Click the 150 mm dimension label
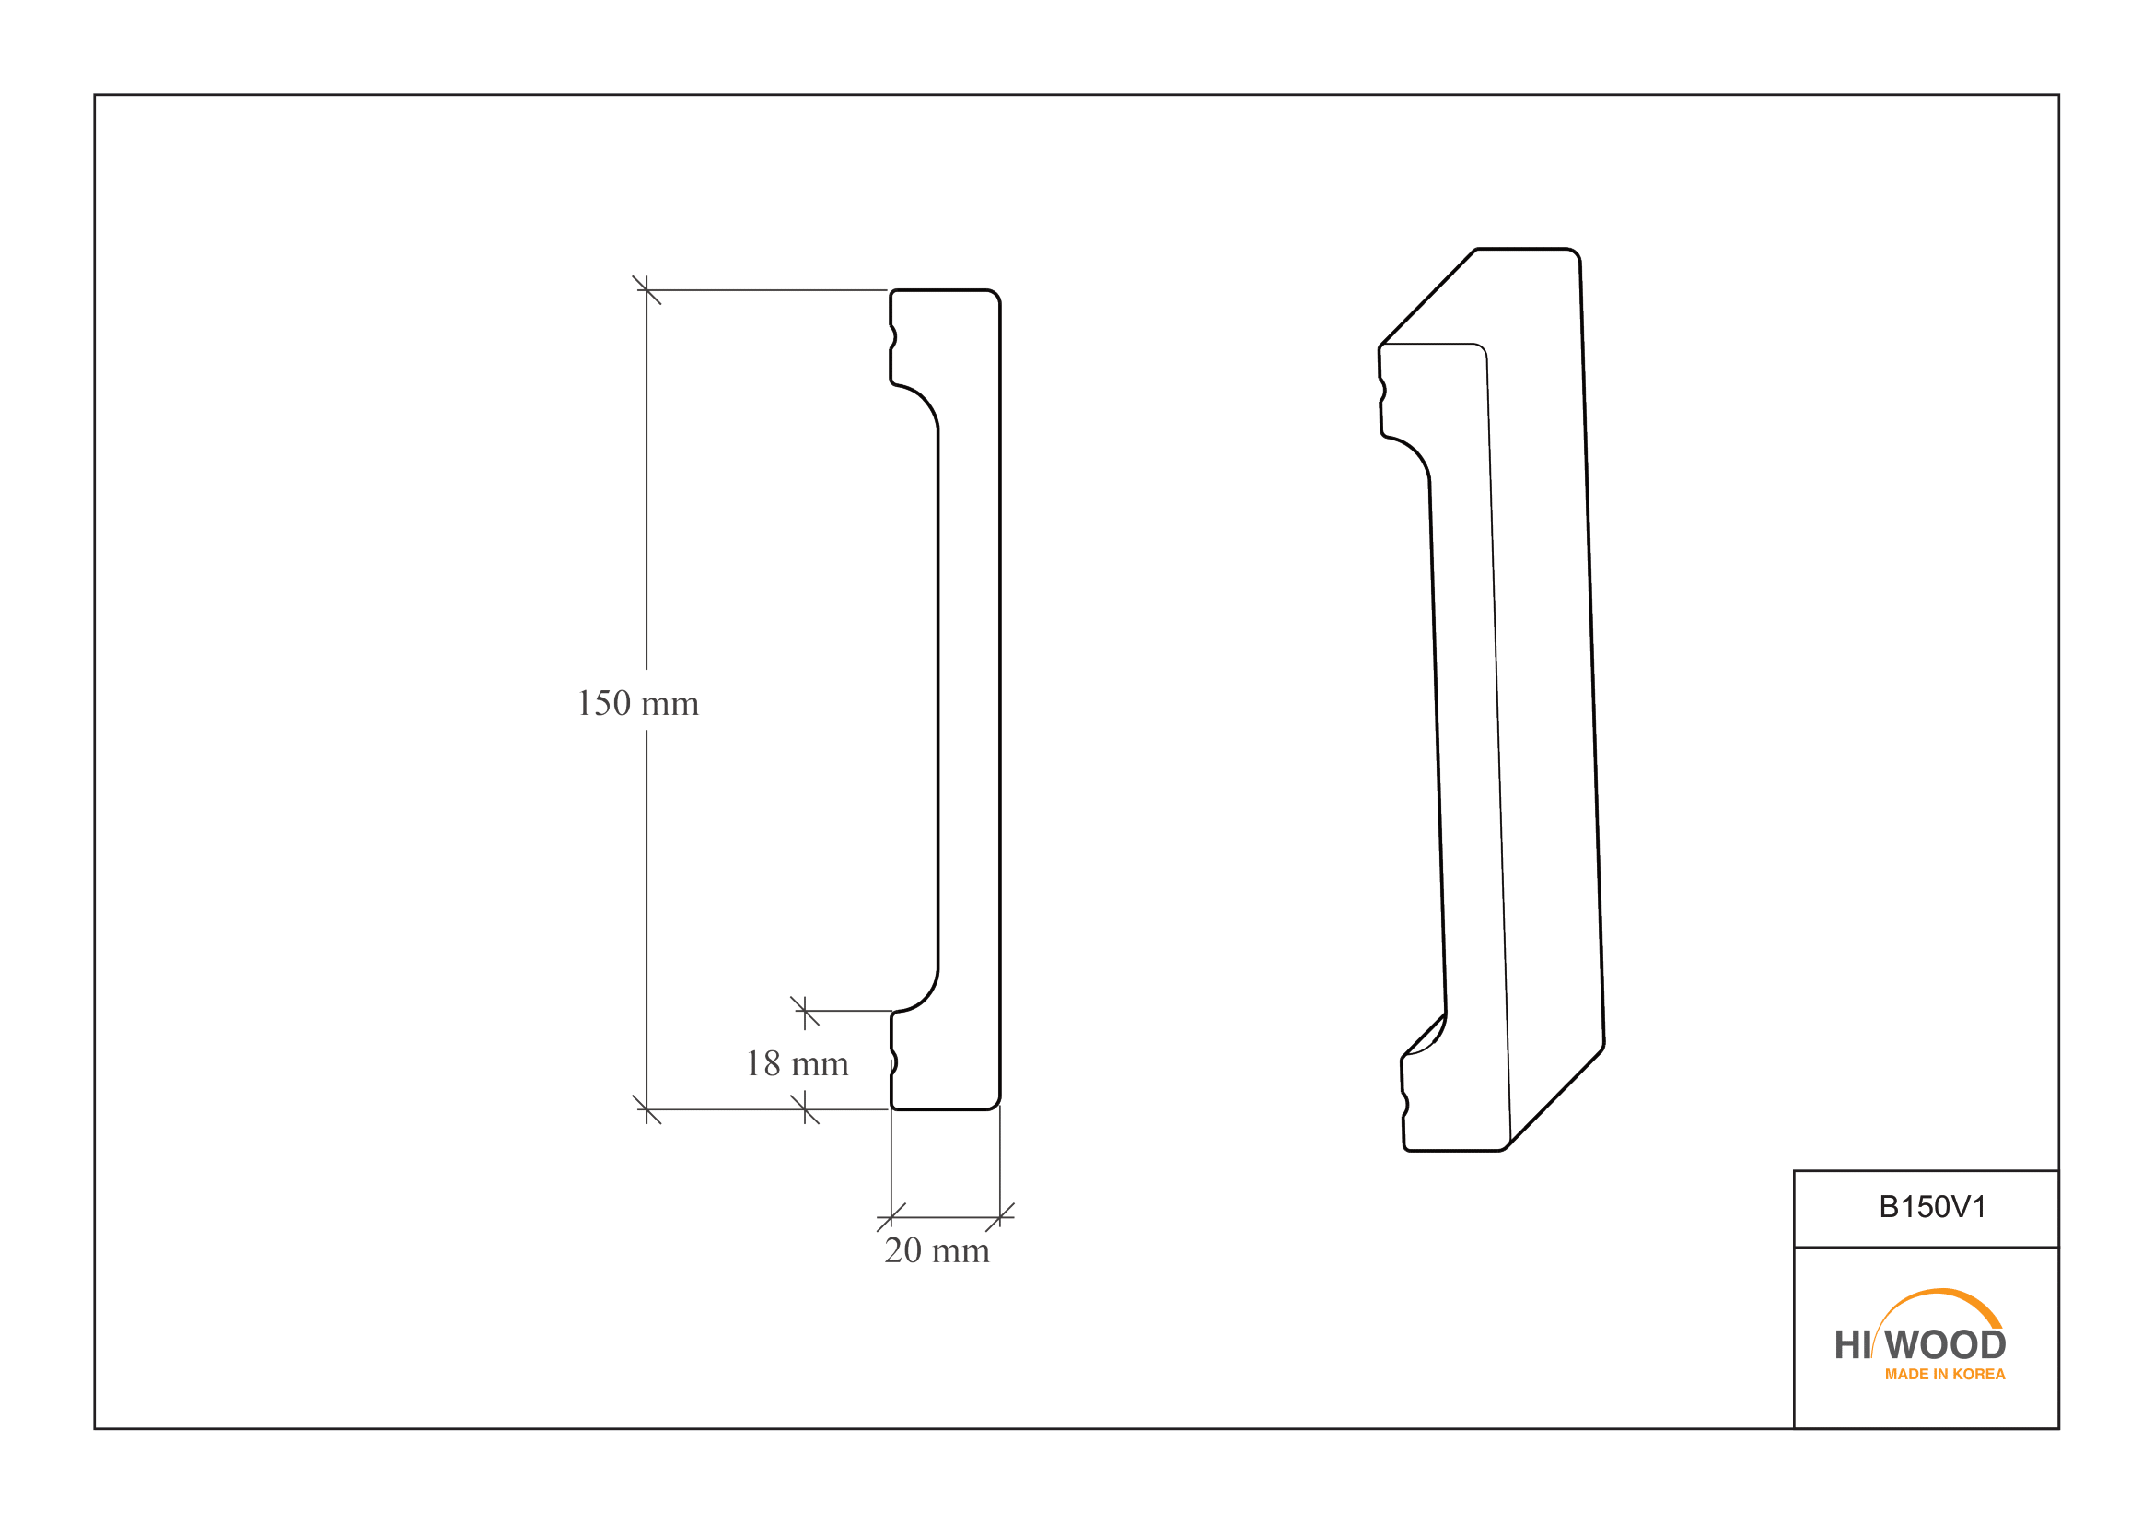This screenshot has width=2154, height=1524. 638,704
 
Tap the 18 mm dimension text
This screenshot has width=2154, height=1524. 798,1064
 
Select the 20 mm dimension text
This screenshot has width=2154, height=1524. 937,1251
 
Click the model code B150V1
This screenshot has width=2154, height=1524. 1933,1207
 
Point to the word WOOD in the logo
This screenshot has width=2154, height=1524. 1946,1344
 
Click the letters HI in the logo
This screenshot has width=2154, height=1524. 1853,1345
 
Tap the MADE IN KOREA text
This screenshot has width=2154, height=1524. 1945,1374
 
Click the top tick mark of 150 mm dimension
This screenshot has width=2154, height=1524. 646,290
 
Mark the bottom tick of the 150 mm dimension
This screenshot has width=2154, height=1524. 646,1109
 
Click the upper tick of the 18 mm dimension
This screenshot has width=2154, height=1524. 805,1011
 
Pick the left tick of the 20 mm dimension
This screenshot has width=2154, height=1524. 891,1217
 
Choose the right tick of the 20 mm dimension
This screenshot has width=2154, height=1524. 1000,1217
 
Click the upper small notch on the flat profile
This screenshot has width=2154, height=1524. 894,338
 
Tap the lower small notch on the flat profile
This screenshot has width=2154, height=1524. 894,1062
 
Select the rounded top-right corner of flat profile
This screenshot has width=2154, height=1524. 995,297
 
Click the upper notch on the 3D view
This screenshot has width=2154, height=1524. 1383,391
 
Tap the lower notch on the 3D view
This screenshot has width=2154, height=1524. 1405,1105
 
